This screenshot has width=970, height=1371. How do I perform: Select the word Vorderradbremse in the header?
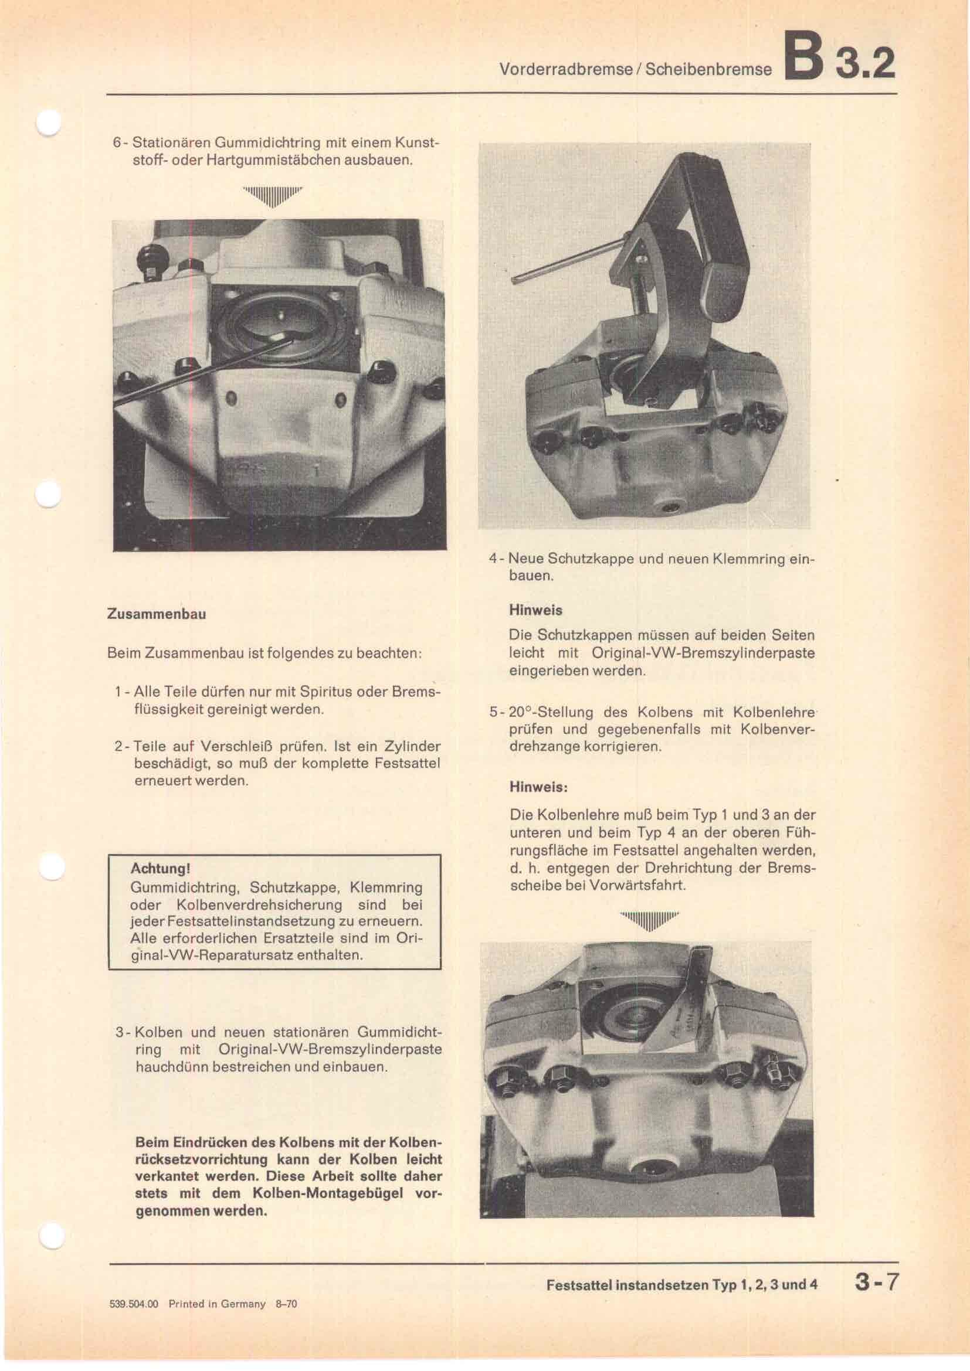click(x=564, y=69)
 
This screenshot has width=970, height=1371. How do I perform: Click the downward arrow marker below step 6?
click(x=272, y=195)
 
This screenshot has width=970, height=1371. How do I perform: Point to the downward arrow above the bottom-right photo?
click(x=649, y=922)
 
